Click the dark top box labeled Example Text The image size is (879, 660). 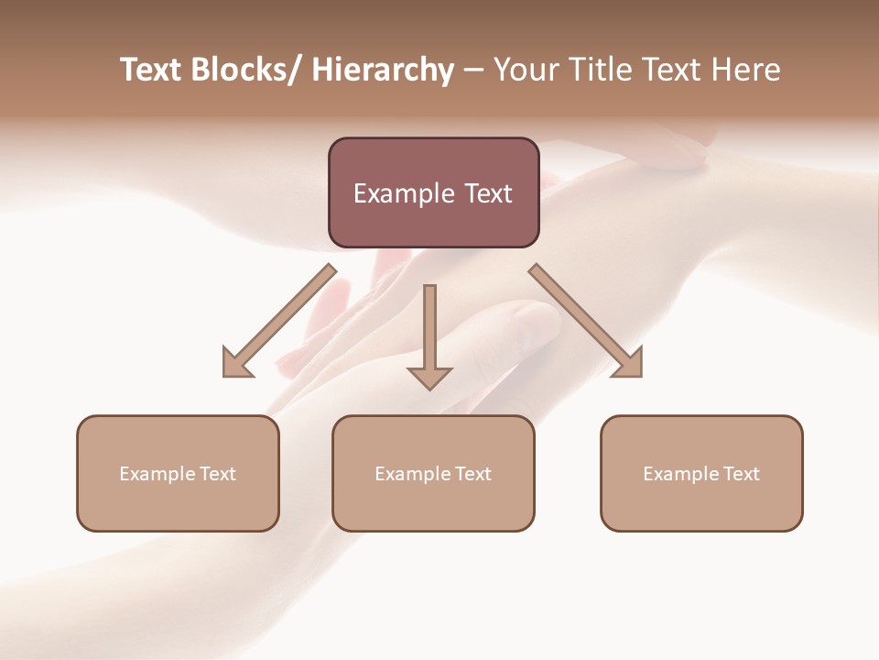pos(433,192)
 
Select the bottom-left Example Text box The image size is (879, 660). pos(178,473)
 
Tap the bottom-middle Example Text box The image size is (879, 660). pos(433,473)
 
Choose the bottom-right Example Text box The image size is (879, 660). pos(701,473)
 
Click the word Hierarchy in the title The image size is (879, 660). pos(383,71)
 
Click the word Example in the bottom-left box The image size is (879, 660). pos(157,474)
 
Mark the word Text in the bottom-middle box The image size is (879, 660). pos(472,474)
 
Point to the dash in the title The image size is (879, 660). pos(473,71)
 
